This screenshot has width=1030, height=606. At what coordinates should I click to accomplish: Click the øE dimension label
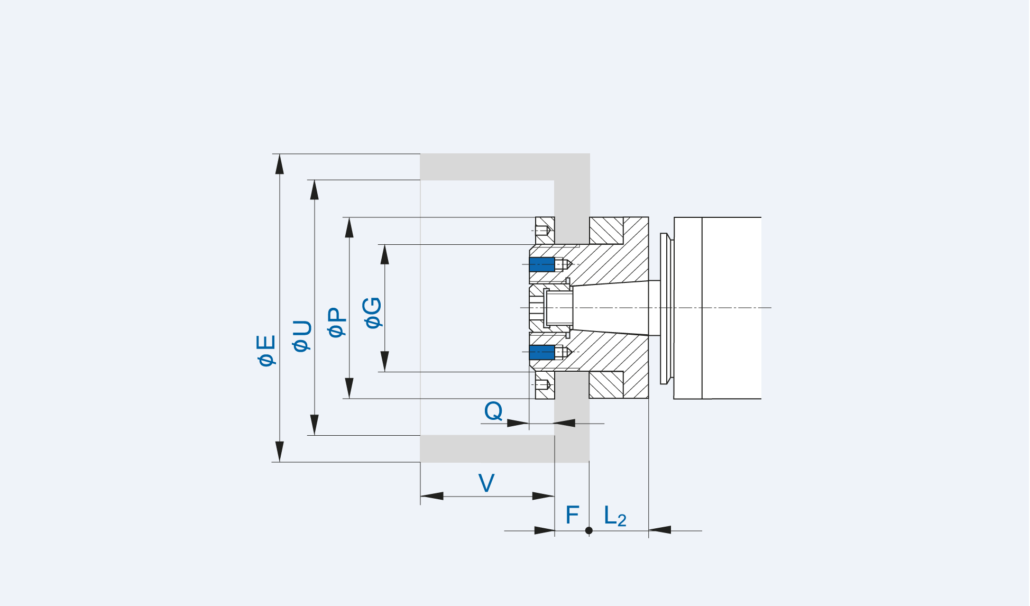click(266, 350)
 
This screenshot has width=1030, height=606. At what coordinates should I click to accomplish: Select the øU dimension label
click(302, 336)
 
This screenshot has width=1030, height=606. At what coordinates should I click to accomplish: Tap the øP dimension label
click(337, 322)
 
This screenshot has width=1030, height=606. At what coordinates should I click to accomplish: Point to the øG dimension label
click(373, 313)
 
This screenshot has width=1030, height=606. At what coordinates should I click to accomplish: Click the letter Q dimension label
click(493, 411)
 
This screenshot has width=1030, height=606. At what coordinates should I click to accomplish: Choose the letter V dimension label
click(486, 483)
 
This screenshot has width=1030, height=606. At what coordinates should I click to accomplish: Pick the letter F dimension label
click(572, 515)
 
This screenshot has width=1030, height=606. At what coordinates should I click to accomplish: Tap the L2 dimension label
click(615, 516)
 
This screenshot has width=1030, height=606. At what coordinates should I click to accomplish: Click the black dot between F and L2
click(589, 530)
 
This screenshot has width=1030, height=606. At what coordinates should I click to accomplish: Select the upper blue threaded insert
click(541, 264)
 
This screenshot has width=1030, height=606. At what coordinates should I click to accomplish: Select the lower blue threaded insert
click(541, 352)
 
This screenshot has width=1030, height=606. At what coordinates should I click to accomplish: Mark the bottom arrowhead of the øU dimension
click(315, 425)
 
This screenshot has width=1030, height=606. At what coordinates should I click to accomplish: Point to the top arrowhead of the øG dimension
click(385, 254)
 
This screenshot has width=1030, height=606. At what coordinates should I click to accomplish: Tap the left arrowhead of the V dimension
click(432, 496)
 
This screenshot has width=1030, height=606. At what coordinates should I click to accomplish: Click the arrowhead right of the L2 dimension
click(659, 530)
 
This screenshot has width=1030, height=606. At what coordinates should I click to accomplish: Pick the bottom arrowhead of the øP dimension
click(350, 388)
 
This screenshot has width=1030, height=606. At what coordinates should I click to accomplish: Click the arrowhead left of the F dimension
click(544, 530)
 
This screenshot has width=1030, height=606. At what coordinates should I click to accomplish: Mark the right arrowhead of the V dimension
click(543, 496)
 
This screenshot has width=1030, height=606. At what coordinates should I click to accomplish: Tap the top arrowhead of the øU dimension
click(315, 190)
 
